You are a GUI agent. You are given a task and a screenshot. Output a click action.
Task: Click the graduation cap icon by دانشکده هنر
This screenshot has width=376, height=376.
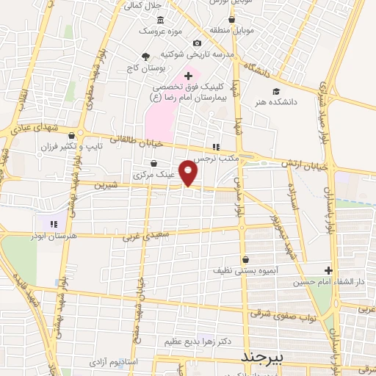(275, 92)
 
